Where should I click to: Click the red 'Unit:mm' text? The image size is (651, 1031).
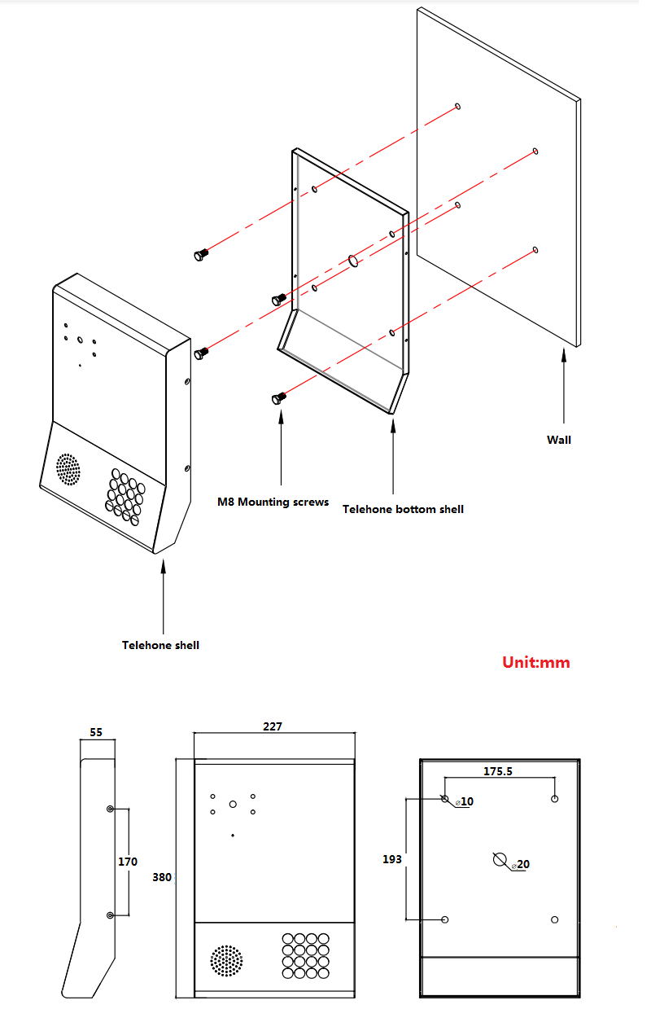[535, 662]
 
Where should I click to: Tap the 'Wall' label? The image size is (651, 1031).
[558, 440]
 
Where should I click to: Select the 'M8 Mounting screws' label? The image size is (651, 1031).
[273, 502]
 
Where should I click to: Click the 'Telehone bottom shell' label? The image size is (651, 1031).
[403, 509]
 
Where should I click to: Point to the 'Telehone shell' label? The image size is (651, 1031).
[160, 645]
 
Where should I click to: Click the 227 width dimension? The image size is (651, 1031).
[273, 726]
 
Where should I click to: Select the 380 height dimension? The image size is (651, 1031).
[162, 877]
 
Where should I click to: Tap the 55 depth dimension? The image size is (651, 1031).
[96, 732]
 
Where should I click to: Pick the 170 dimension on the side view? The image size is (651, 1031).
[128, 861]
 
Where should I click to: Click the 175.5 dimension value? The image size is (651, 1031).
[498, 771]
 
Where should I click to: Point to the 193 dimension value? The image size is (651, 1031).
[392, 859]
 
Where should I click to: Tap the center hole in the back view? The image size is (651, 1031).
[500, 858]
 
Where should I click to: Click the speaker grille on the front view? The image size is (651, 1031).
[226, 961]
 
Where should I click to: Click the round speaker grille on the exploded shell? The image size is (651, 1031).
[68, 469]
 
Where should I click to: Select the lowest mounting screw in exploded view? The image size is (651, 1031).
[278, 397]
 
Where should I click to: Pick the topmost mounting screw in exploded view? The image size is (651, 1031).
[199, 255]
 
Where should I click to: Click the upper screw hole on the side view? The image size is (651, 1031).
[111, 809]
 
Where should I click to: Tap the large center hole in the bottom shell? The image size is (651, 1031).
[354, 261]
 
